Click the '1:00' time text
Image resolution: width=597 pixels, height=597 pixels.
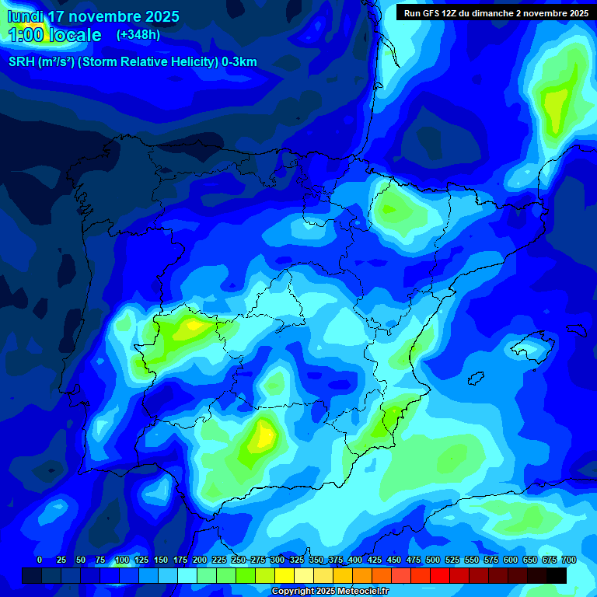tap(26, 35)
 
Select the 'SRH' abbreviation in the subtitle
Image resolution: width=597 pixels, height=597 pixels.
tap(21, 62)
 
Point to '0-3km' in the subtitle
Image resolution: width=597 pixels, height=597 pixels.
tap(239, 62)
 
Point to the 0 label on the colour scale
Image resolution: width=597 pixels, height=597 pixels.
tap(40, 560)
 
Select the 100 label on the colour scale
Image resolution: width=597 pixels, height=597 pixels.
tap(122, 560)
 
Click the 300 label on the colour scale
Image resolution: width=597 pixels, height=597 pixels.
tap(278, 560)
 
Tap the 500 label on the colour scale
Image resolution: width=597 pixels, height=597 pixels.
tap(433, 560)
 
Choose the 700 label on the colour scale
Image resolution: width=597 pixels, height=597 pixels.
tap(569, 560)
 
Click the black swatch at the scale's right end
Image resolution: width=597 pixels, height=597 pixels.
tap(557, 575)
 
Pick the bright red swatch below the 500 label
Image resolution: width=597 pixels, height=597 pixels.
tap(440, 575)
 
